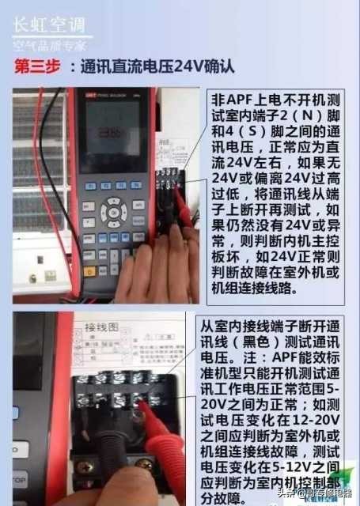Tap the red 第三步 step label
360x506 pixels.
[36, 68]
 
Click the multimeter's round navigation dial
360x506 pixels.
[113, 212]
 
